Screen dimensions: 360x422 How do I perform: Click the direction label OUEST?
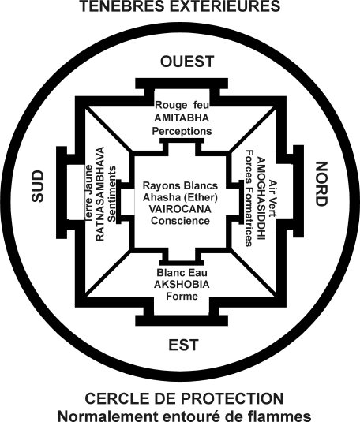click(x=187, y=62)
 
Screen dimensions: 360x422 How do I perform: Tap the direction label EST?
click(x=183, y=345)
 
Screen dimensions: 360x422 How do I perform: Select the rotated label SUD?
click(x=37, y=186)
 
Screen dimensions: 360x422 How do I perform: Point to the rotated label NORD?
click(x=321, y=184)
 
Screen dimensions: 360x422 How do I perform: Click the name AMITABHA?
click(x=182, y=118)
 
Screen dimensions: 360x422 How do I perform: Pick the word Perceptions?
click(x=182, y=131)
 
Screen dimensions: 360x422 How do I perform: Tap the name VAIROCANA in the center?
click(x=180, y=209)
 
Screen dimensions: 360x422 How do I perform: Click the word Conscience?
click(x=180, y=221)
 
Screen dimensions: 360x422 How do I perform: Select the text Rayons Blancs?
click(x=180, y=185)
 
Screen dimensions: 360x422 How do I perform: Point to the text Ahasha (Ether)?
click(x=180, y=197)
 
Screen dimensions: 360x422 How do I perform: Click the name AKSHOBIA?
click(x=182, y=284)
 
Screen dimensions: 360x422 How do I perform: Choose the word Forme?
click(x=182, y=297)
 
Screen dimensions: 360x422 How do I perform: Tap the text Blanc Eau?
click(x=182, y=273)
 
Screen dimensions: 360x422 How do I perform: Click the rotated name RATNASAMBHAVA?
click(x=99, y=194)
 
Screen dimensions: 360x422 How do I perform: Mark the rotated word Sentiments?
click(x=111, y=194)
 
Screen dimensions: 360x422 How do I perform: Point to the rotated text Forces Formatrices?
click(x=249, y=198)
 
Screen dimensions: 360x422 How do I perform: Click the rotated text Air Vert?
click(x=273, y=198)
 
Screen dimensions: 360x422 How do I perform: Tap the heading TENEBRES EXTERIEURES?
click(x=180, y=6)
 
